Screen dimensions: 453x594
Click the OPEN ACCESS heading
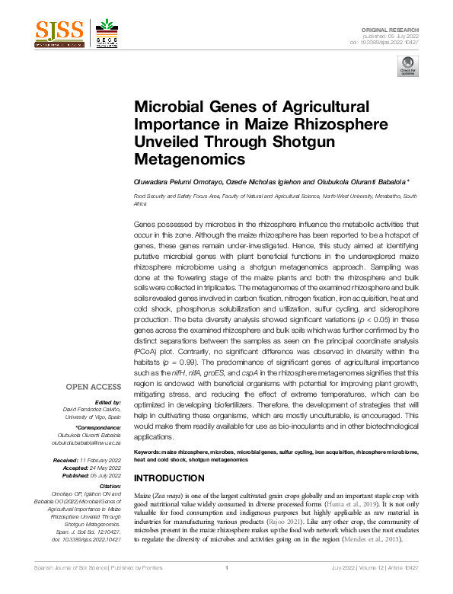tap(94, 386)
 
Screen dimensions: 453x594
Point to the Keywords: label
tap(149, 452)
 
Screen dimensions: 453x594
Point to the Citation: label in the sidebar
tap(109, 486)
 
